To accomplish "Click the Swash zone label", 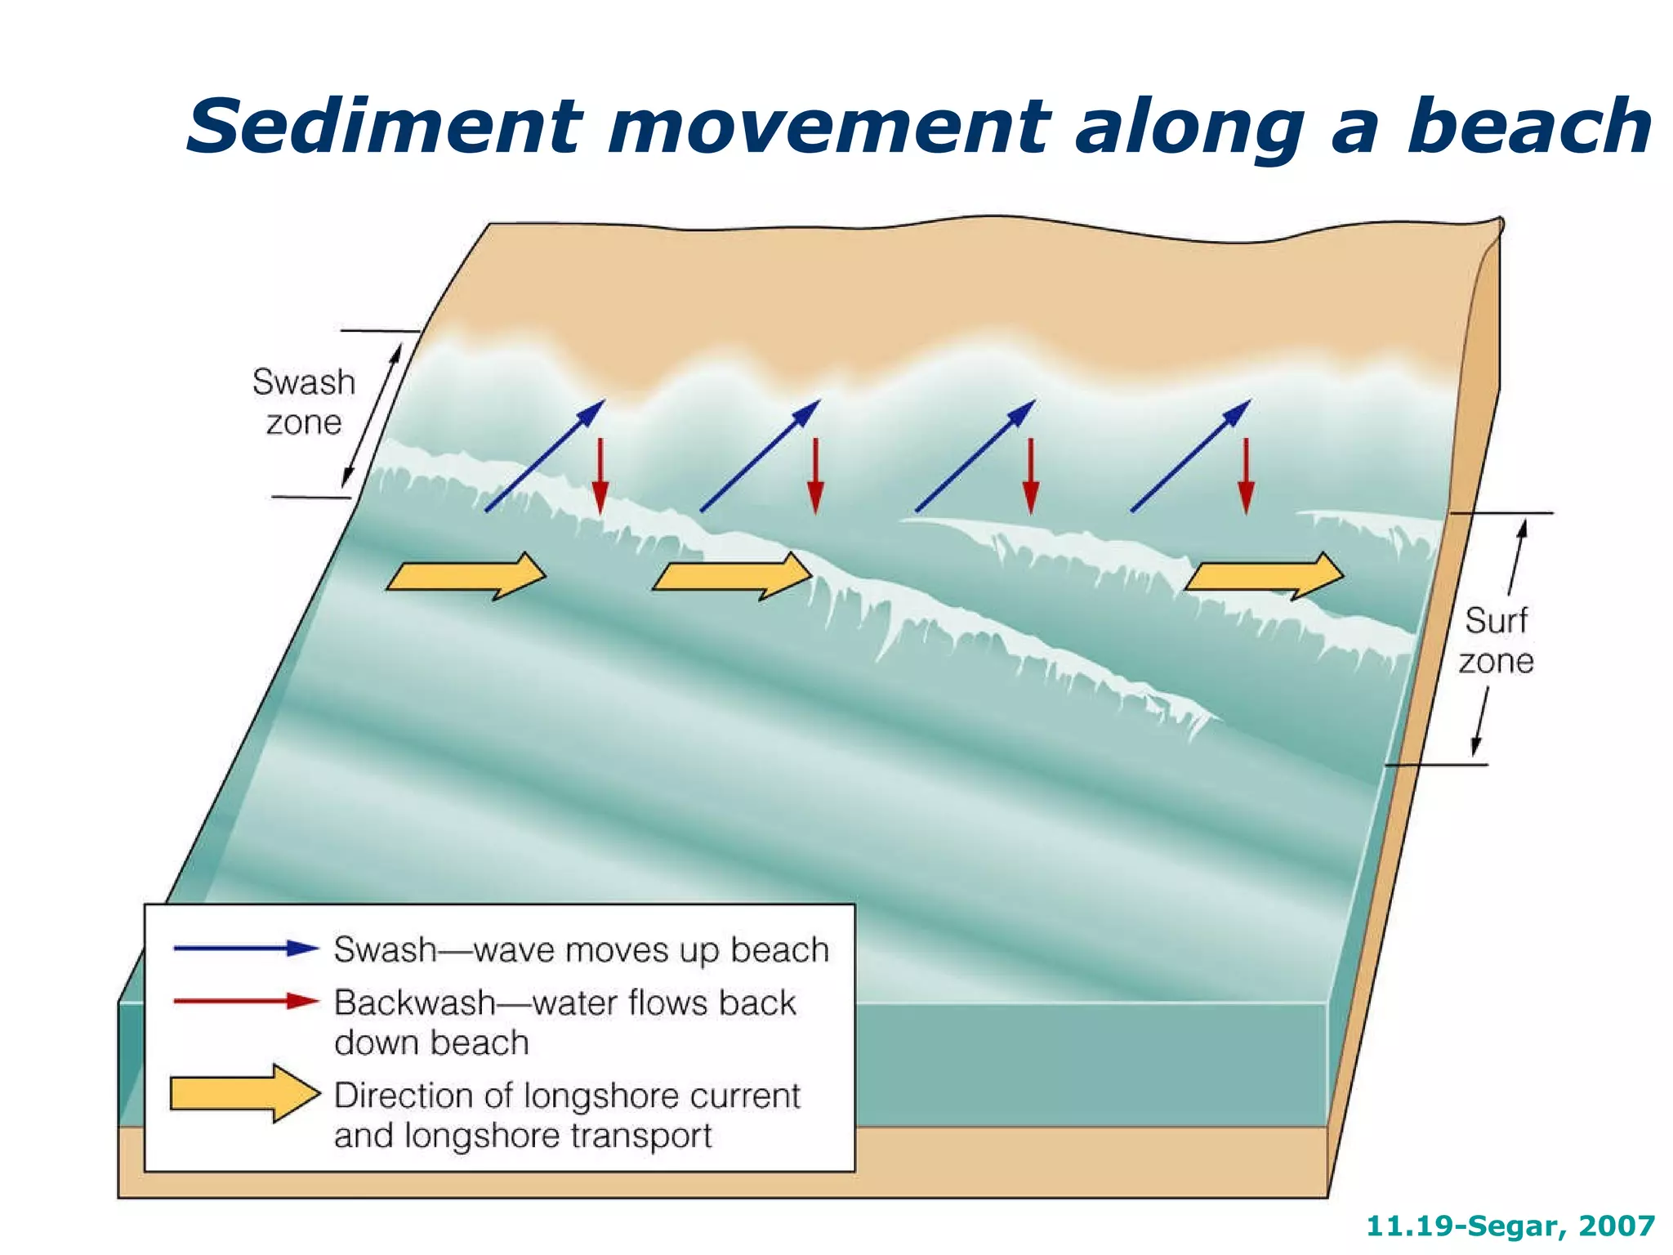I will coord(304,402).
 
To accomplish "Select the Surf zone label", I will coord(1496,641).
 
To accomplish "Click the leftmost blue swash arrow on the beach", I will coord(545,456).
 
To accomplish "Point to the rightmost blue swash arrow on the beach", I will coord(1190,456).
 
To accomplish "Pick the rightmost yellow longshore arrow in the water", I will coord(1264,576).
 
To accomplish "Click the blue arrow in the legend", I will coord(245,949).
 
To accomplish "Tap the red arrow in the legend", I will coord(245,1002).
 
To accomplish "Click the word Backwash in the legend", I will coord(415,1003).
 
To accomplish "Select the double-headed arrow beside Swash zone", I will coord(372,415).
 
